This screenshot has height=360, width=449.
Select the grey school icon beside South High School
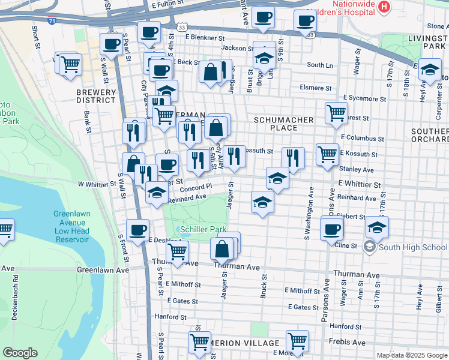(x=370, y=247)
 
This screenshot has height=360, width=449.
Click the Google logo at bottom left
(x=20, y=353)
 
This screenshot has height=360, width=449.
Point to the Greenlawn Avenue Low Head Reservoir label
(x=71, y=227)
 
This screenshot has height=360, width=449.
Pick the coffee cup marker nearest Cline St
(x=331, y=229)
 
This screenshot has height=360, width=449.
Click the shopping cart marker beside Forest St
(x=336, y=112)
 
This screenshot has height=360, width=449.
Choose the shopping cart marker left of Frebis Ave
(x=297, y=341)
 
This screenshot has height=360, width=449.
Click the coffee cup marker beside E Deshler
(x=138, y=229)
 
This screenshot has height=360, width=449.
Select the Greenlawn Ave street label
(x=103, y=271)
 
